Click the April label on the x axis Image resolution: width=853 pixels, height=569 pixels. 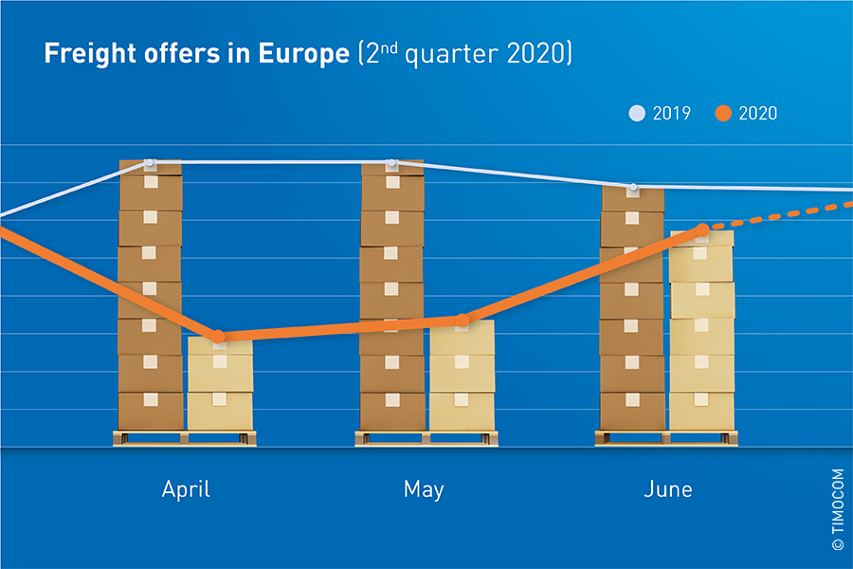[x=186, y=489]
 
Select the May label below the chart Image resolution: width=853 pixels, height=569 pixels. [x=424, y=489]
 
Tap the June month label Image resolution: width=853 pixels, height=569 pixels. [x=667, y=489]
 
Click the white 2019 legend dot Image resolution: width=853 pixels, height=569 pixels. [x=637, y=114]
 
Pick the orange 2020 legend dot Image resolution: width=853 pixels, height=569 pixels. [x=724, y=114]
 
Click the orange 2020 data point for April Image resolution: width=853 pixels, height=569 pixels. [x=219, y=337]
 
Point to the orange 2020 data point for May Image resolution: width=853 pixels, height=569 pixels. [x=462, y=321]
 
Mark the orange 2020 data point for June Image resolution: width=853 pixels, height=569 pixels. [x=702, y=229]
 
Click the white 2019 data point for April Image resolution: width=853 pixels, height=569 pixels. [x=150, y=163]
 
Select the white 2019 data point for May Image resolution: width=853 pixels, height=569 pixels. [x=391, y=163]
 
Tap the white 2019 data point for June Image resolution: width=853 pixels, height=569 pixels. [x=633, y=187]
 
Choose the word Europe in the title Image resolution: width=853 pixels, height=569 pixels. [x=306, y=54]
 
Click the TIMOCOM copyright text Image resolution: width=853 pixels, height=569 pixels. [x=837, y=507]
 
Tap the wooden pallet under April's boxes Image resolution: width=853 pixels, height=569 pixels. [x=185, y=437]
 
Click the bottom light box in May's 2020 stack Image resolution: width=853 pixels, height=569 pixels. [x=462, y=411]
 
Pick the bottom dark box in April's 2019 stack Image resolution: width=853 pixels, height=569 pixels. [x=151, y=411]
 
